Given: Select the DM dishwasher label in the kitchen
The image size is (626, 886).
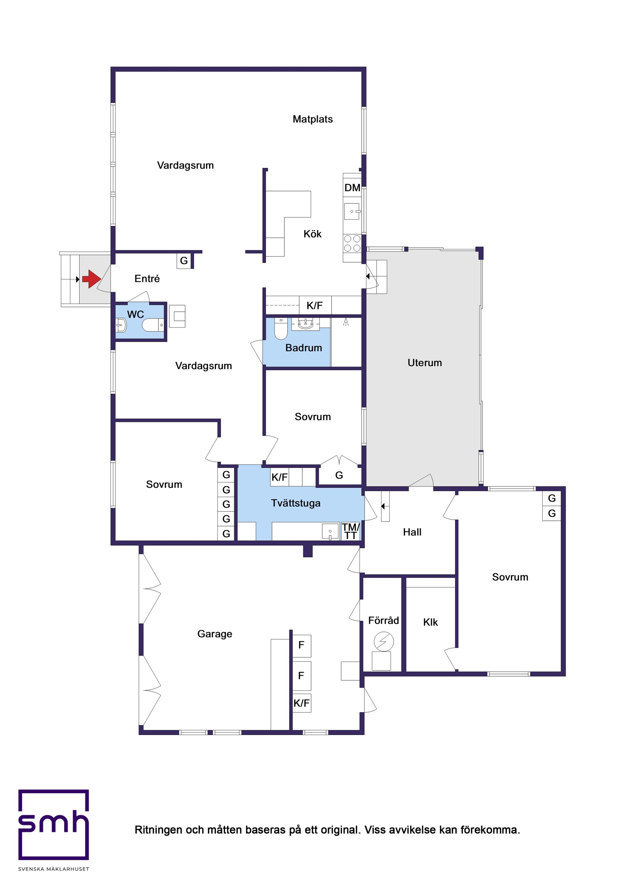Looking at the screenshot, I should (x=352, y=188).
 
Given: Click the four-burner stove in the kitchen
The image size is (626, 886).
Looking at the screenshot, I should (x=352, y=243).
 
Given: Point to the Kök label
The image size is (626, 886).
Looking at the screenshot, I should (x=312, y=234).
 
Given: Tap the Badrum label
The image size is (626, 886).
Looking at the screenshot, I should (x=303, y=348).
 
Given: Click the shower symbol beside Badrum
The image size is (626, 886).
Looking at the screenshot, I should (x=346, y=322).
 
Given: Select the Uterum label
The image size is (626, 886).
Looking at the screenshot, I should (x=425, y=363).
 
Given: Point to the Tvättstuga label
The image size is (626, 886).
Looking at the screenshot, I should (x=296, y=503).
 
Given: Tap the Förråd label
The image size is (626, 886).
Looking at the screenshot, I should (x=383, y=620).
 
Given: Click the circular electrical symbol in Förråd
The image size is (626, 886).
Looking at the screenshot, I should (x=384, y=642).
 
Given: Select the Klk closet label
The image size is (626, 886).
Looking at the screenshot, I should (x=430, y=622).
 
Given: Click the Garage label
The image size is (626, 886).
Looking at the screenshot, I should (x=215, y=634).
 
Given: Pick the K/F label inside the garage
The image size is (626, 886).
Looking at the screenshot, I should (x=301, y=703).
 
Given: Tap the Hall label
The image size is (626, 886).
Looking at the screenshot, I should (x=412, y=532).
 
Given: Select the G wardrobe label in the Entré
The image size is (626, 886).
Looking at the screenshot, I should (x=184, y=261).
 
